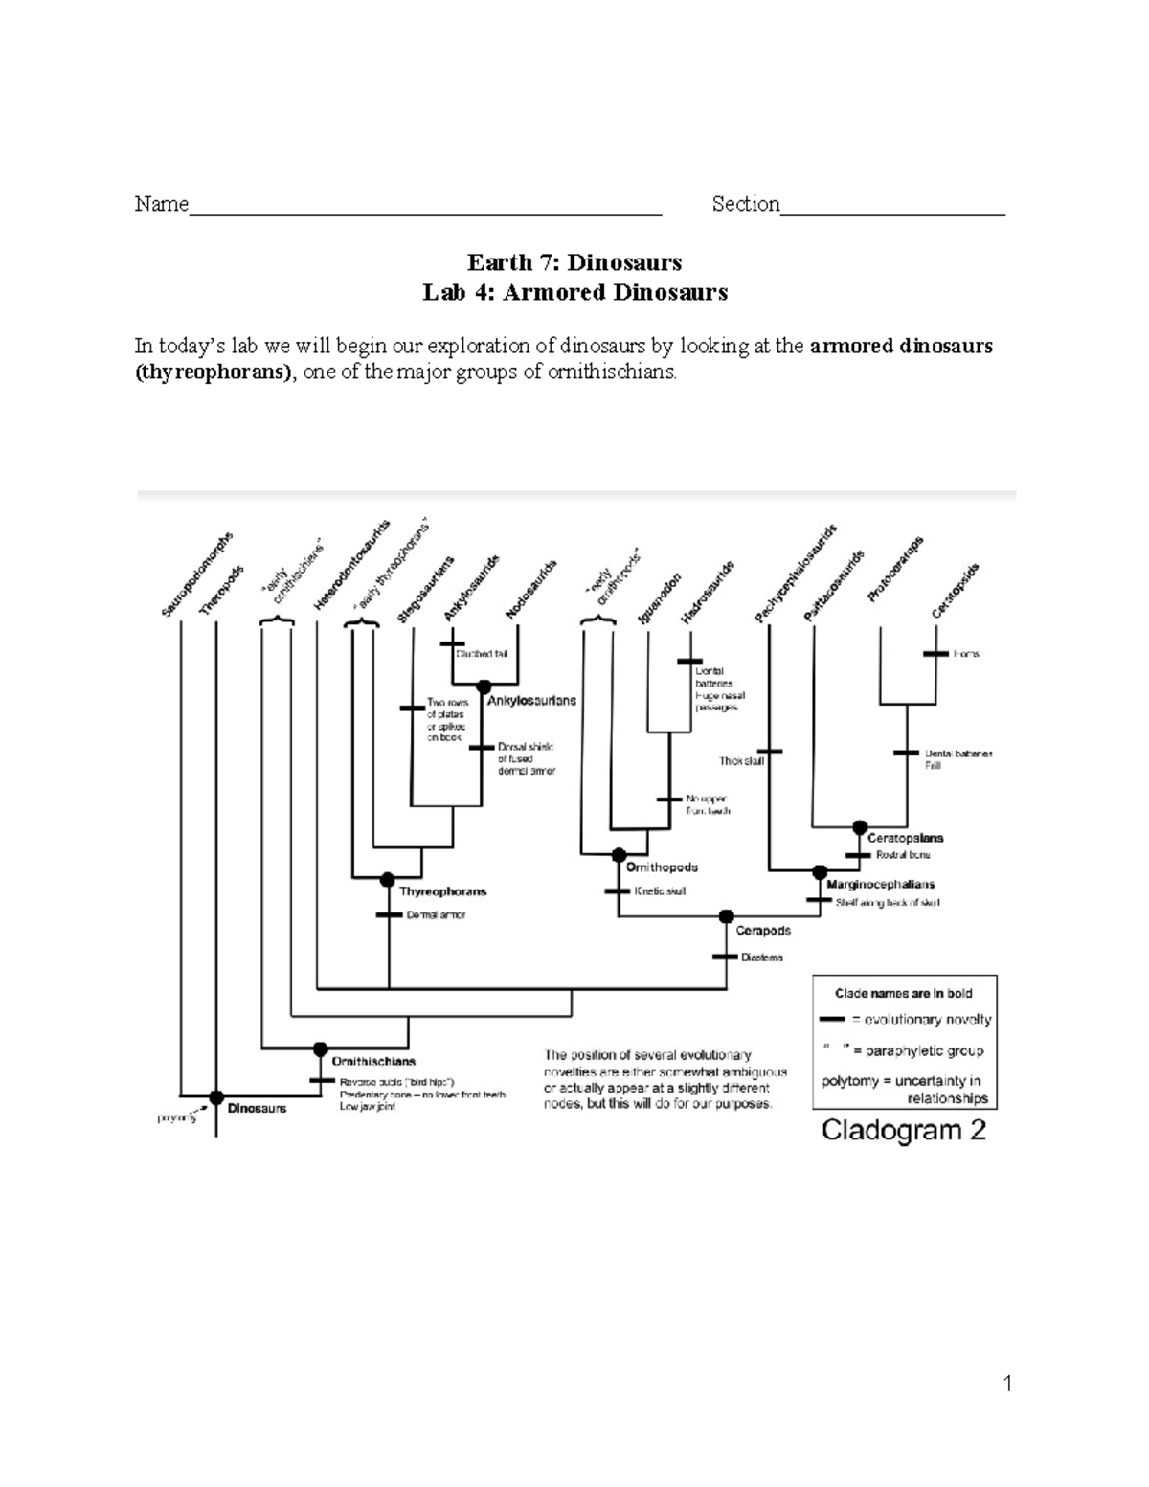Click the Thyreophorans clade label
click(x=442, y=891)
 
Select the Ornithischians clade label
click(x=373, y=1061)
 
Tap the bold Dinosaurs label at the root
click(x=257, y=1108)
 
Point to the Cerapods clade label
click(x=763, y=930)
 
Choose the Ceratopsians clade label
click(x=905, y=838)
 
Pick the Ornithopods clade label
click(x=662, y=867)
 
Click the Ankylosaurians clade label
click(x=531, y=701)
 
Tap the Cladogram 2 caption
click(x=904, y=1131)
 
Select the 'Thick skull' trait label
click(x=742, y=761)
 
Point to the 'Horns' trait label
click(x=966, y=654)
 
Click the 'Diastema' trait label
click(x=762, y=958)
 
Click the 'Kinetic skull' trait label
click(x=660, y=891)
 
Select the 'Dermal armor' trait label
click(x=436, y=915)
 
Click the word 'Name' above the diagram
click(x=161, y=204)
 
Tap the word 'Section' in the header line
click(x=746, y=204)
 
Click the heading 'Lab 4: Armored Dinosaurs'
click(x=574, y=292)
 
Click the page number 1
click(x=1007, y=1383)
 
